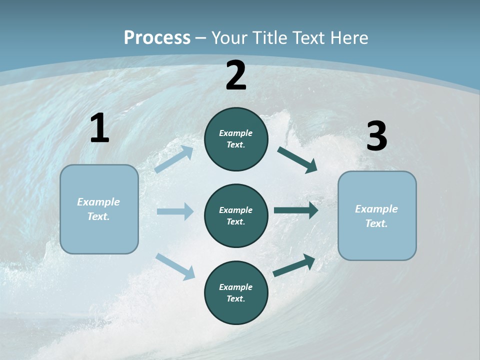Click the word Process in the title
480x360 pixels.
point(157,38)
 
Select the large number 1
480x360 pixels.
point(99,128)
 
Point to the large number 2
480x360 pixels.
point(236,75)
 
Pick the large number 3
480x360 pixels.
point(376,136)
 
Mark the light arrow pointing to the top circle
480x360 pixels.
point(174,159)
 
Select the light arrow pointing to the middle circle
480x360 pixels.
point(175,211)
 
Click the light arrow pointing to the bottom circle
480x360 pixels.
point(175,266)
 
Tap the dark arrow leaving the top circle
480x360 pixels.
point(297,159)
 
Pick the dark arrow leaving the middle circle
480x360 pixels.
point(296,210)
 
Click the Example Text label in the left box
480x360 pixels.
point(98,209)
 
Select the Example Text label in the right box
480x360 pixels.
point(376,216)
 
